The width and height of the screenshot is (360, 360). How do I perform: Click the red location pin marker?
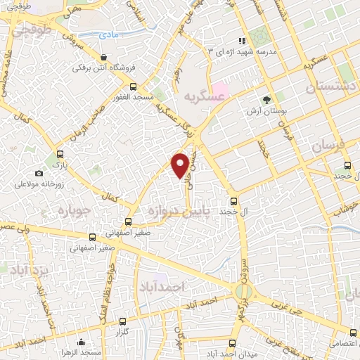181,164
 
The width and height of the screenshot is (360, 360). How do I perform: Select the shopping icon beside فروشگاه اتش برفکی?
104,58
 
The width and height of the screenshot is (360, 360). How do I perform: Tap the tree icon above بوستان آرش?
266,100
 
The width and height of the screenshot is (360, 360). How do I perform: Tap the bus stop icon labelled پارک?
60,155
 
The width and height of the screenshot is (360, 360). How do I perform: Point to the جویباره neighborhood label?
71,210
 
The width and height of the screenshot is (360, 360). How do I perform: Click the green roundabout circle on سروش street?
244,289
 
